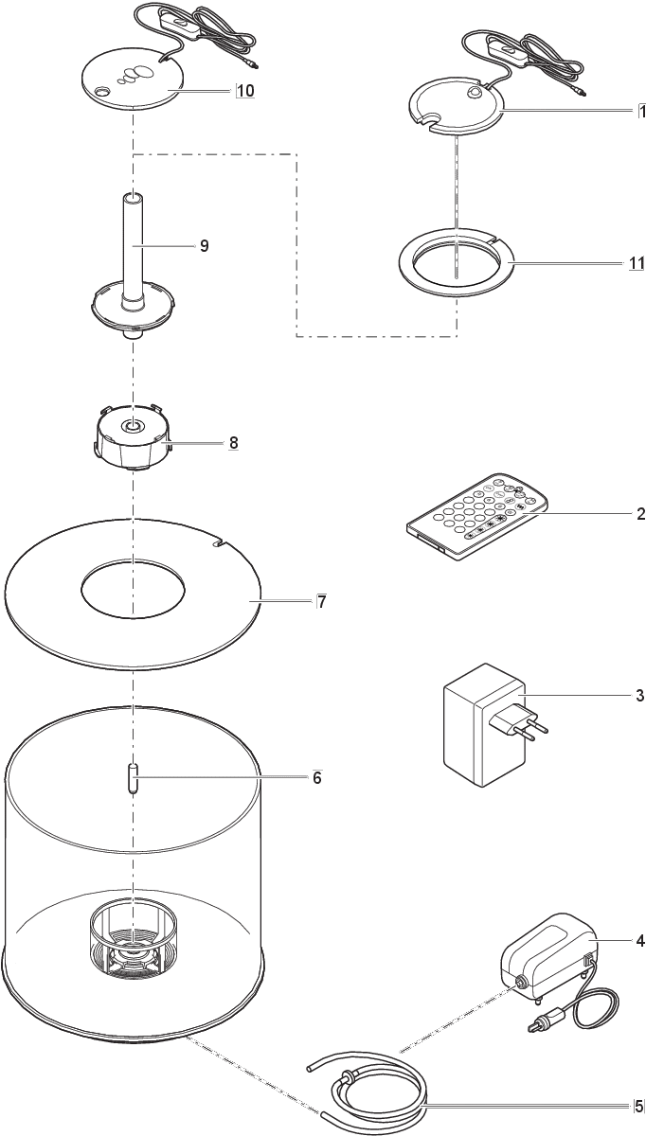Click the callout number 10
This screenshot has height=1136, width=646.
click(x=244, y=91)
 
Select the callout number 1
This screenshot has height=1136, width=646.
click(x=641, y=111)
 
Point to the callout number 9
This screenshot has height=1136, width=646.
click(x=204, y=245)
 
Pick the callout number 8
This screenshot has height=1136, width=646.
click(x=232, y=442)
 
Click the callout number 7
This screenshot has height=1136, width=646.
click(x=322, y=601)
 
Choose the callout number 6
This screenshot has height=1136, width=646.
click(x=317, y=778)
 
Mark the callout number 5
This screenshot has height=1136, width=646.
click(x=639, y=1105)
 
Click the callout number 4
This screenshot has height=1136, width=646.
click(x=639, y=941)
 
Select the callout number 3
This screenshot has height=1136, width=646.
click(x=639, y=696)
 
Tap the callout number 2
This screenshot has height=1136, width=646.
click(x=640, y=514)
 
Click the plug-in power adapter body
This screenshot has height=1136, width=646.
click(x=474, y=724)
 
